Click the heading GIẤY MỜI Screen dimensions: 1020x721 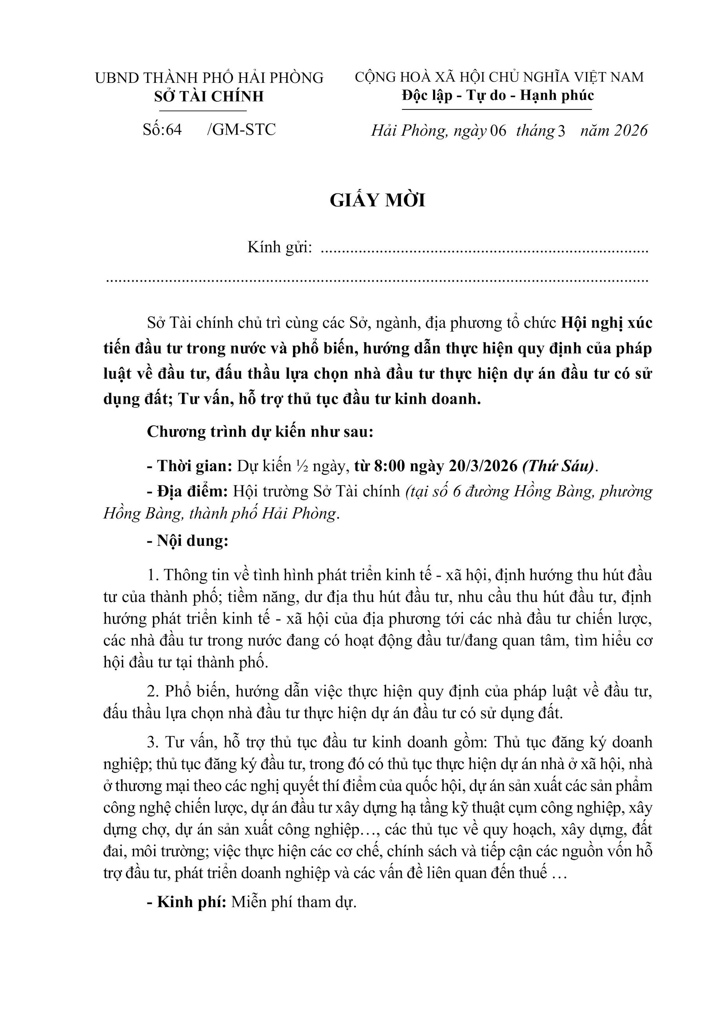(x=377, y=200)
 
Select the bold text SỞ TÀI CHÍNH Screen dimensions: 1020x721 (x=209, y=97)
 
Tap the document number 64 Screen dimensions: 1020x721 (x=174, y=129)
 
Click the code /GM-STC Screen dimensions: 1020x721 (x=241, y=129)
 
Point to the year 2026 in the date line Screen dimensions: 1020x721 (x=630, y=130)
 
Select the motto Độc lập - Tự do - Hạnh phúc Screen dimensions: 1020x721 (x=497, y=95)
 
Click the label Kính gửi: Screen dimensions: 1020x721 (x=279, y=247)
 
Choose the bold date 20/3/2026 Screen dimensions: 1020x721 (x=483, y=466)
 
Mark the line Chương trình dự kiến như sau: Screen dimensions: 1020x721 (x=260, y=432)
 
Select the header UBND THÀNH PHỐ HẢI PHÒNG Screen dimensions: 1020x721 (x=209, y=78)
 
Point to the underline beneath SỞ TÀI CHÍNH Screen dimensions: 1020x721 (x=209, y=111)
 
